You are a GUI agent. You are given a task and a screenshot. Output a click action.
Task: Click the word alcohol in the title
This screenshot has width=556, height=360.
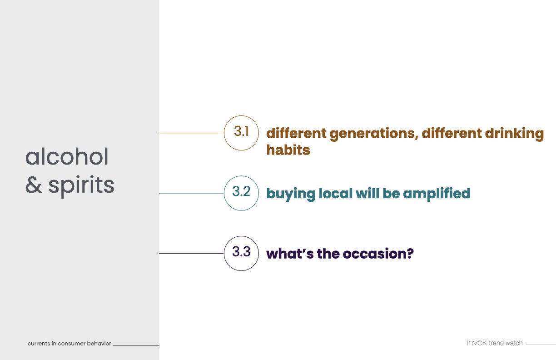[67, 156]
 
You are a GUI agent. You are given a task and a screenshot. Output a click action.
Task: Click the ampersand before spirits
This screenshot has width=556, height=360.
[34, 185]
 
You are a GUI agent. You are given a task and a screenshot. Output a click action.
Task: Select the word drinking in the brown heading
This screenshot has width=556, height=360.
[514, 134]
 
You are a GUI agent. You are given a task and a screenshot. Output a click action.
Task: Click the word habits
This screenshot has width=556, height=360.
[288, 150]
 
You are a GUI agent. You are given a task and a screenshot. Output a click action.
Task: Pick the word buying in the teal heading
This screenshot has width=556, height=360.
[291, 194]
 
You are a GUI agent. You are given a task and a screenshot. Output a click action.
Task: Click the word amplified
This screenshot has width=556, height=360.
[437, 194]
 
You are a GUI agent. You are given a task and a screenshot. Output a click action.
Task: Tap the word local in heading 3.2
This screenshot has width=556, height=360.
[335, 193]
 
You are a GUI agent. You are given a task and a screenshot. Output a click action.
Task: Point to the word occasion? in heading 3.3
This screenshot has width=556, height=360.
[378, 254]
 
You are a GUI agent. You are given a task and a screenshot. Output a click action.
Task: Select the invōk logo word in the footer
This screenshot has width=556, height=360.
[477, 343]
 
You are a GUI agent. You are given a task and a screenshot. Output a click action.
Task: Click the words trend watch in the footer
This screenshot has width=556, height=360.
[506, 343]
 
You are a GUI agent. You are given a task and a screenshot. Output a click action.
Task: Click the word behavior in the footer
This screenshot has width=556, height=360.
[99, 343]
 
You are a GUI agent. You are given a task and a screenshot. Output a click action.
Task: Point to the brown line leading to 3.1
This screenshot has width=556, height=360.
[192, 133]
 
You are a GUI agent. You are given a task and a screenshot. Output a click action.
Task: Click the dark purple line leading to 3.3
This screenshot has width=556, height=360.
[192, 254]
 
